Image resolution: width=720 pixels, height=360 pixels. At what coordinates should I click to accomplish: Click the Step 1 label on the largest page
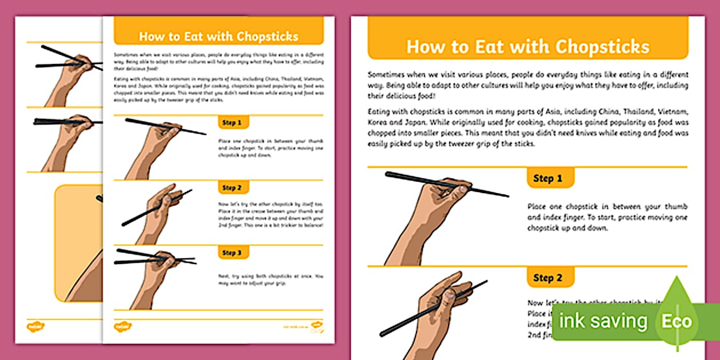[547, 178]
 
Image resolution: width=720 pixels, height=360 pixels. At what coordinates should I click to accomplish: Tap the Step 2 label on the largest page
[547, 278]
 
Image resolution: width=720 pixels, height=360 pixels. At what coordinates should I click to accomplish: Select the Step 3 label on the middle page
[232, 253]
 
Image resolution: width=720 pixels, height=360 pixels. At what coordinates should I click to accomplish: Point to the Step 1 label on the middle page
[232, 123]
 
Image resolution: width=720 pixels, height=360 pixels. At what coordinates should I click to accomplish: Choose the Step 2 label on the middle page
[232, 188]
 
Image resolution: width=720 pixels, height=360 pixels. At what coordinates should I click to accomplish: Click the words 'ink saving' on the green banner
[603, 321]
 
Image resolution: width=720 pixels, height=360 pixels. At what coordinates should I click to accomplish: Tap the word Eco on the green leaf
[677, 321]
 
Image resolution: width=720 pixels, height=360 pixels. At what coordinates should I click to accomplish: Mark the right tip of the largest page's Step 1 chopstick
[507, 197]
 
